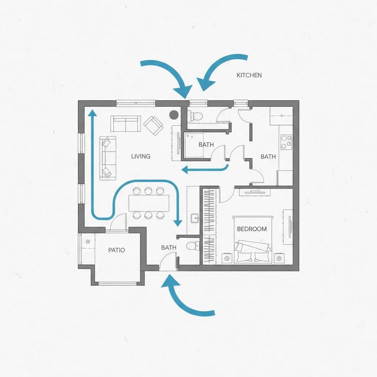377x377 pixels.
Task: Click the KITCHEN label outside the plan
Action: [x=249, y=75]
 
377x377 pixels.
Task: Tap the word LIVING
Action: [x=141, y=156]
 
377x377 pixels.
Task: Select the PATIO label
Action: [x=116, y=250]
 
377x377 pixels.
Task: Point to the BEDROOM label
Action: [x=252, y=229]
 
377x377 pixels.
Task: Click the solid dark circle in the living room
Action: [x=174, y=115]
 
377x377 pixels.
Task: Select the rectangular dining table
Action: [x=149, y=203]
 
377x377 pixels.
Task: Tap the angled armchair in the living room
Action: [x=154, y=126]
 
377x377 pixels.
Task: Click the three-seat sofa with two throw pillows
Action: [x=108, y=158]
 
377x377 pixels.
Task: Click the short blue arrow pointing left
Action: [x=205, y=169]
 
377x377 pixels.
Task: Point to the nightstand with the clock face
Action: [x=227, y=258]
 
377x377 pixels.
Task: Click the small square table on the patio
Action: [x=88, y=242]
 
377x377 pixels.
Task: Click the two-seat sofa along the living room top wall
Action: [x=126, y=124]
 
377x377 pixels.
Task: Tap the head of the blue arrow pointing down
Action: [x=178, y=223]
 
